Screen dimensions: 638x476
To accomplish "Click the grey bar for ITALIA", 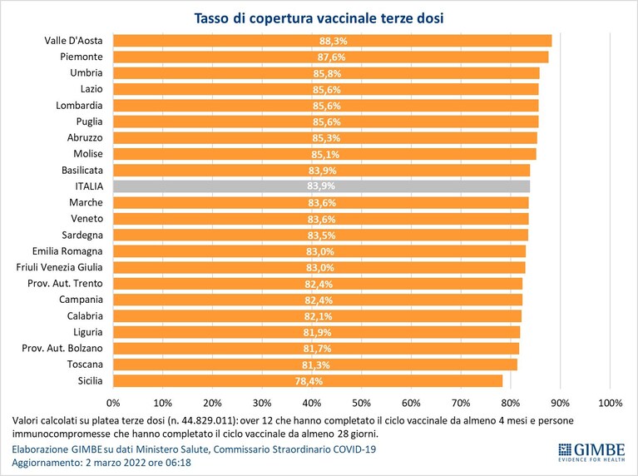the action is coord(321,186).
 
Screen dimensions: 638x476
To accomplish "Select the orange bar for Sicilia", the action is coord(308,381).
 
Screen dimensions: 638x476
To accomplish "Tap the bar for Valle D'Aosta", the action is coord(333,41).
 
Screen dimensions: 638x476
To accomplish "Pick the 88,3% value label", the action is coord(334,41).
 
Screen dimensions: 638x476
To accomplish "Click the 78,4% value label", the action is coord(309,381).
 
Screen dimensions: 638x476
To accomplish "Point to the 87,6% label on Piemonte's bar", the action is coord(332,57).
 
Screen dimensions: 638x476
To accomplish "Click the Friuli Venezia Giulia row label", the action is coord(59,267).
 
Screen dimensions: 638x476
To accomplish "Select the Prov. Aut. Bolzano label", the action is coord(62,348).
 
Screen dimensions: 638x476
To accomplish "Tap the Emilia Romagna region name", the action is coord(67,251).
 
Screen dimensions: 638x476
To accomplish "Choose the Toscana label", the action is coord(85,364).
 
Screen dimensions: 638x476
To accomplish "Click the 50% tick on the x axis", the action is coord(361,403).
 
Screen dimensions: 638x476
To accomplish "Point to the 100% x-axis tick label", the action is coord(611,403).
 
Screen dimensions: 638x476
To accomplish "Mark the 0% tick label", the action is coord(113,403).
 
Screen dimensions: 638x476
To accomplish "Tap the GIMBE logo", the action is coord(591,452).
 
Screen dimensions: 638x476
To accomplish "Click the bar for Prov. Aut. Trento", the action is coord(318,284).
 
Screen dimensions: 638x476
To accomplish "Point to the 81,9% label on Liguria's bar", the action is coord(318,333).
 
